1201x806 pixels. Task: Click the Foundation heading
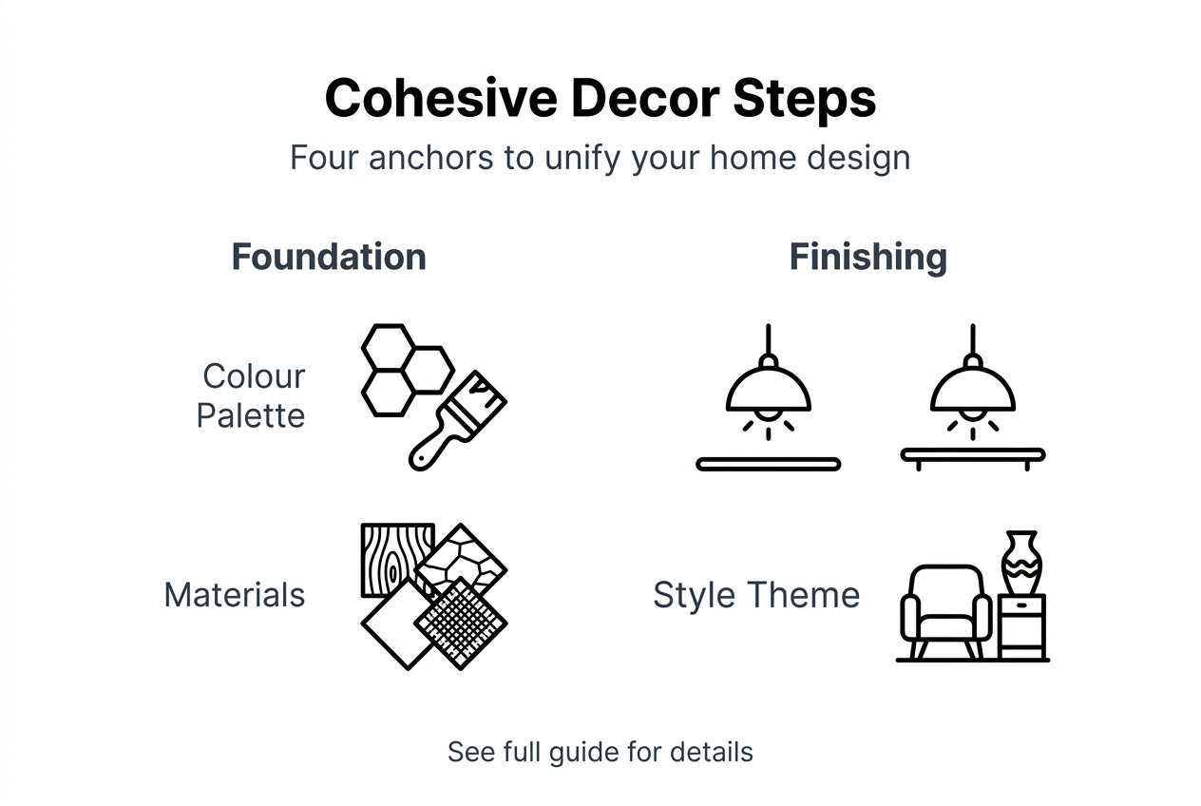tap(329, 257)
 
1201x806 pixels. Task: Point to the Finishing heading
tap(867, 257)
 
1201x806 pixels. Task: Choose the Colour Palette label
tap(252, 395)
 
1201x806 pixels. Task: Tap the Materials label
tap(235, 595)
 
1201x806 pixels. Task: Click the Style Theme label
tap(756, 595)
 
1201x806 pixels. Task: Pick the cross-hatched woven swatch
tap(462, 622)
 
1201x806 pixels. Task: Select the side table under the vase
tap(1022, 627)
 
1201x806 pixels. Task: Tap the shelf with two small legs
tap(972, 457)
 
